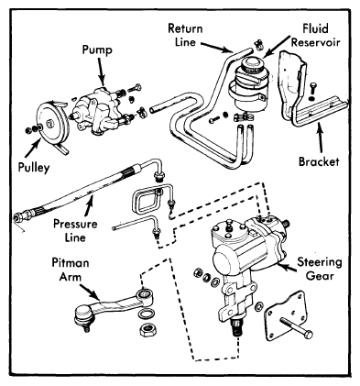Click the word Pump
click(x=97, y=50)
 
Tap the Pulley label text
click(x=34, y=168)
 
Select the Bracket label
click(x=319, y=161)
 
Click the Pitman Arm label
click(x=71, y=270)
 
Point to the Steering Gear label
click(x=320, y=269)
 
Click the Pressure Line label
click(x=75, y=230)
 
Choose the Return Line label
click(x=185, y=35)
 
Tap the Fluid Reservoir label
click(x=315, y=35)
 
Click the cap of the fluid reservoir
click(x=252, y=65)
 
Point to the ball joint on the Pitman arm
click(x=84, y=317)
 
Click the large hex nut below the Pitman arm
click(x=147, y=329)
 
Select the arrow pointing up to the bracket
click(x=320, y=138)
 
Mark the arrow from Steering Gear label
click(x=287, y=268)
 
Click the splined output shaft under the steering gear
click(x=237, y=327)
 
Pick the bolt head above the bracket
click(x=312, y=89)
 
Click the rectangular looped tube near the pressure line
click(x=146, y=202)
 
